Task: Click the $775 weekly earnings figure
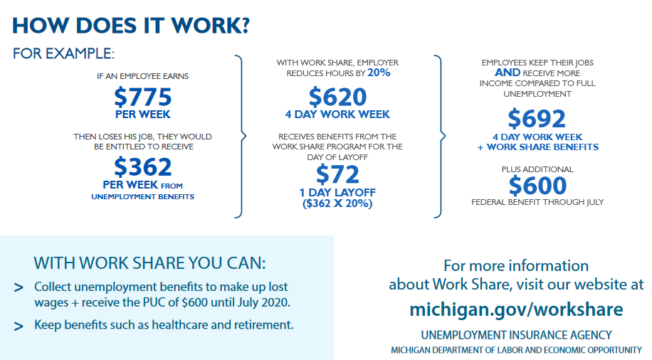coord(142,97)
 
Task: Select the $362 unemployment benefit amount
coord(142,166)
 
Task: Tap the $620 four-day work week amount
coord(337,97)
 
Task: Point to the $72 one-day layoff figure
coord(337,174)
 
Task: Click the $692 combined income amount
coord(537,119)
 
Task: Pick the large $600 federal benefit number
coord(537,185)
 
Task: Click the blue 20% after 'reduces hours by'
coord(379,73)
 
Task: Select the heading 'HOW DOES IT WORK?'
coord(131,26)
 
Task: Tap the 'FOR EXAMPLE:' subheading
coord(63,53)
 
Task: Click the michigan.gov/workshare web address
coord(516,309)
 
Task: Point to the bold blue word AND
coord(508,73)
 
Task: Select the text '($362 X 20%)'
coord(337,203)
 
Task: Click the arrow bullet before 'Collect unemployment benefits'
coord(19,287)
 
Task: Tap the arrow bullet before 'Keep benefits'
coord(19,326)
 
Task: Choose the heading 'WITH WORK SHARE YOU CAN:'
coord(149,263)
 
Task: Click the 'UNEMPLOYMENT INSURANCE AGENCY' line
coord(517,335)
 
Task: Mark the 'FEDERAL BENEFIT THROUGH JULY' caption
coord(537,202)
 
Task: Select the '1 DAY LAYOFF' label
coord(337,193)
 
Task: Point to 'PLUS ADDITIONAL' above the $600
coord(537,169)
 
